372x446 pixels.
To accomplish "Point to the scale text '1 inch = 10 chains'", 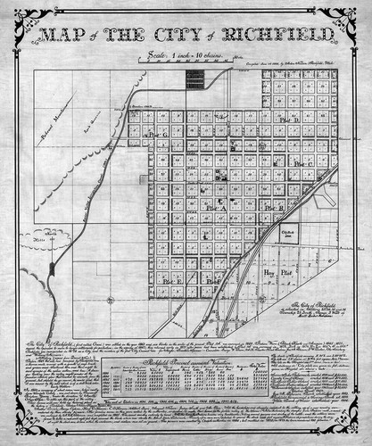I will pos(186,55).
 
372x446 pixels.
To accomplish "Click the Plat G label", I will pos(158,134).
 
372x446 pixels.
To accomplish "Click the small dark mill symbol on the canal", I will pos(54,267).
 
